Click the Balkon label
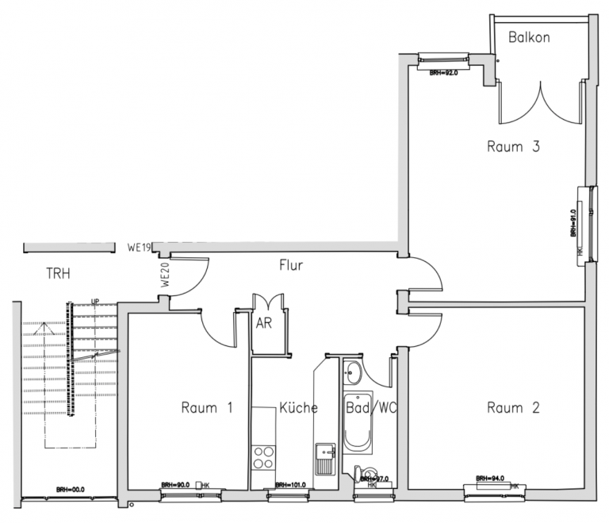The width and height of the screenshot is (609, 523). pos(530,37)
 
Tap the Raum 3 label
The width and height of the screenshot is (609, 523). pos(513,147)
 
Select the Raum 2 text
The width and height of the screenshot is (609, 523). pos(513,408)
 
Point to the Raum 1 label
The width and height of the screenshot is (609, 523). pos(206,408)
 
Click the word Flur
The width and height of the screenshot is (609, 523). pos(291,265)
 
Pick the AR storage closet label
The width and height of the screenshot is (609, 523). pos(264,322)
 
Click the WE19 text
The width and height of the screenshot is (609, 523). pos(139,248)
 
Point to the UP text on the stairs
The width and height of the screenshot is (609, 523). pos(95,301)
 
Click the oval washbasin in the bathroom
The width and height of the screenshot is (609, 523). pos(353,371)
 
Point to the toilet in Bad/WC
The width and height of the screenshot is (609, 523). pos(362,473)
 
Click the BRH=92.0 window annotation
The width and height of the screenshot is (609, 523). pos(444,72)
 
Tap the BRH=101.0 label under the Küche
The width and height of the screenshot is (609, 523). pos(290,485)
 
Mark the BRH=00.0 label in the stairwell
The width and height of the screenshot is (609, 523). pos(71,490)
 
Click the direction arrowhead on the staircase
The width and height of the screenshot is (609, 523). pos(45,323)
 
